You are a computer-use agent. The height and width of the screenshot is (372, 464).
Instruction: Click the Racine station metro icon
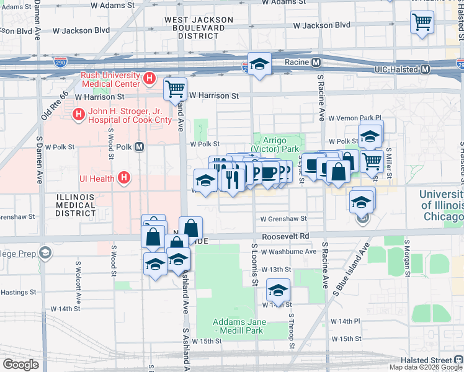coord(316,62)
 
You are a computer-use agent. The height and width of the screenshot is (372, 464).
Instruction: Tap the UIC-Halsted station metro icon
coord(425,69)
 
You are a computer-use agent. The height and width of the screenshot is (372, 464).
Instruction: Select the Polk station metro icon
coord(139,147)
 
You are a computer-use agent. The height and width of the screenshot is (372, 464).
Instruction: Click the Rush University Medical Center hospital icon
coord(149,79)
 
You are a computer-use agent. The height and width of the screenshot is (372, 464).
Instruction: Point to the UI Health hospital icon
coord(124,178)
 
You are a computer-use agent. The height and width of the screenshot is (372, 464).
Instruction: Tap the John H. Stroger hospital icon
coord(78,115)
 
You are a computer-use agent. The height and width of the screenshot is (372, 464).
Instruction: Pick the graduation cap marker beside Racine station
coord(259,63)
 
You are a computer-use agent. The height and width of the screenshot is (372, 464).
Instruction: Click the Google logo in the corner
coord(21,364)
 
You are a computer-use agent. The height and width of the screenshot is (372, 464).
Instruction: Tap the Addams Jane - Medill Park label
coord(239,326)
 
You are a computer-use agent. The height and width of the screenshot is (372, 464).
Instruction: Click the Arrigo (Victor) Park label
coord(277,144)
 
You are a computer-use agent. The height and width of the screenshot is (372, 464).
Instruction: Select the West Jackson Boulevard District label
coord(199,28)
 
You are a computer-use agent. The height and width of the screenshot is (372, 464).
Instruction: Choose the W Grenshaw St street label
coord(283,219)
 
